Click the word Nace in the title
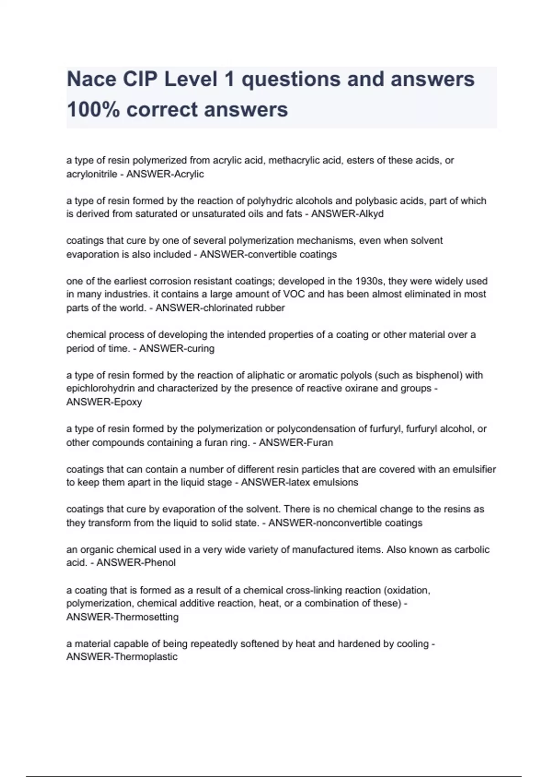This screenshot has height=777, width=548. coord(91,80)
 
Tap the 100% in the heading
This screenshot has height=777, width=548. coord(93,110)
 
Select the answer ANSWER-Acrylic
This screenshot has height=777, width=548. coord(165,174)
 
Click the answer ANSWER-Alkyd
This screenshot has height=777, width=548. coord(347,214)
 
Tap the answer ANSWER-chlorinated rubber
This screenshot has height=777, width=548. coord(220,308)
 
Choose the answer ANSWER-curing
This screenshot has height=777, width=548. coord(177,349)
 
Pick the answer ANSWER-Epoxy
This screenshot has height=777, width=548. coord(104,402)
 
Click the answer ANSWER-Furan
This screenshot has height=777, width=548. coord(296,442)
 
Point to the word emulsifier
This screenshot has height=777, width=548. coord(474,469)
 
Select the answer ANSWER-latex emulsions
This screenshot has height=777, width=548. coord(300,483)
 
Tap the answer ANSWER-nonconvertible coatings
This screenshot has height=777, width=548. coord(345,523)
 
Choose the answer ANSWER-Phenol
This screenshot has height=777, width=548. coord(136,563)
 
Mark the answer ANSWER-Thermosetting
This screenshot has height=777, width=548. coord(122,617)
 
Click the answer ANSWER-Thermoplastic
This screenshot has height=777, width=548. coord(122,657)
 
